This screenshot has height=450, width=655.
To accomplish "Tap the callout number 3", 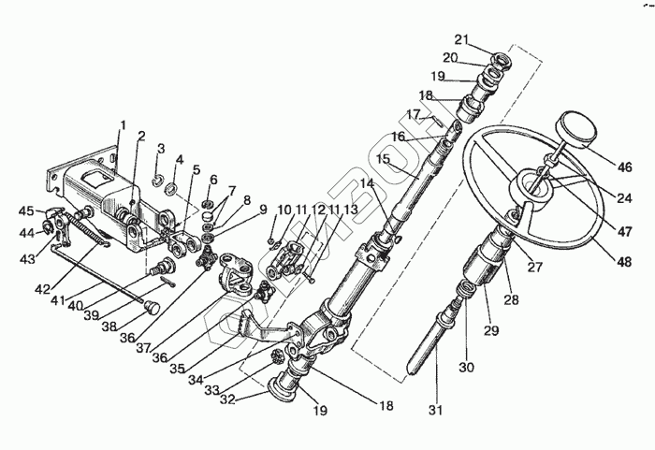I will pyautogui.click(x=161, y=150).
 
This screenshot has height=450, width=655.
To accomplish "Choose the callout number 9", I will pyautogui.click(x=264, y=209).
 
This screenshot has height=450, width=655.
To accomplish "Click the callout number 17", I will pyautogui.click(x=413, y=116).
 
